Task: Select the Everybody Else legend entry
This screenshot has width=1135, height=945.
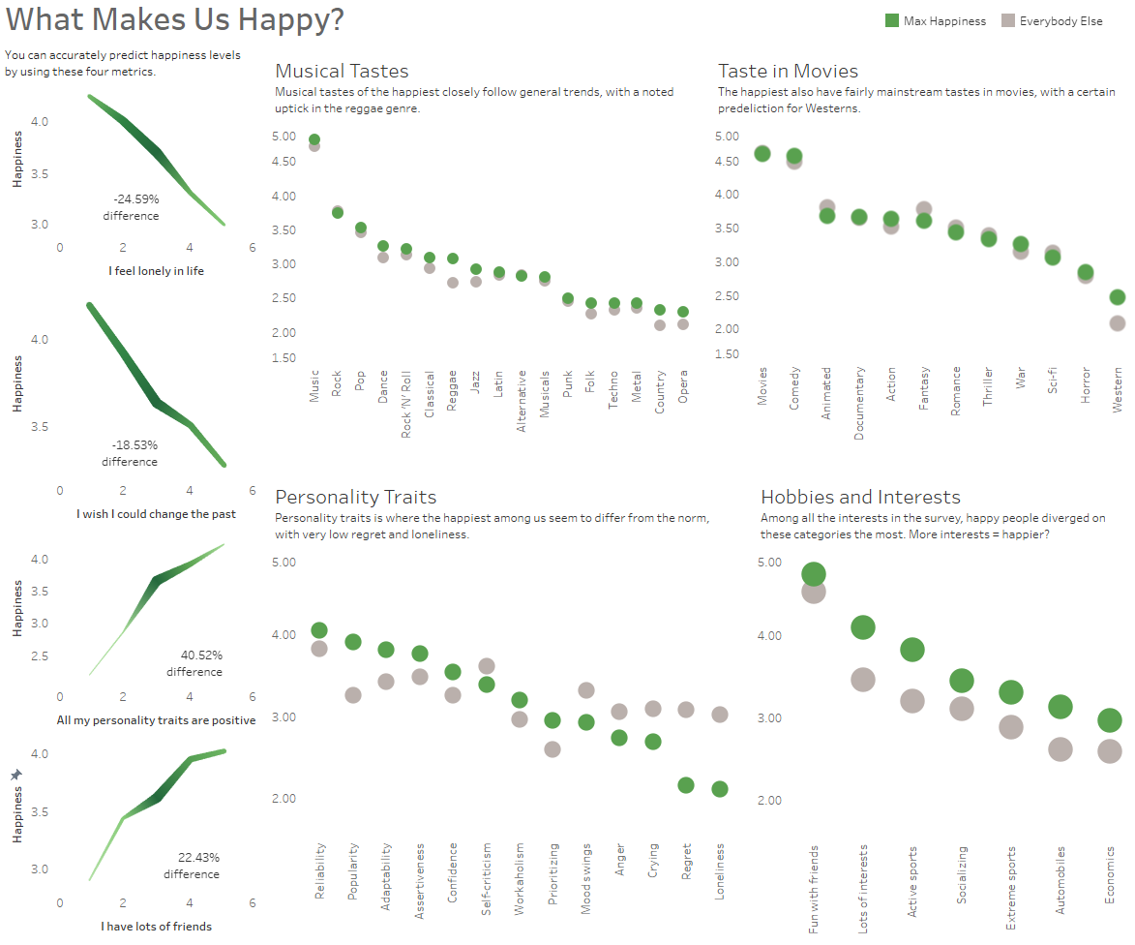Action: click(1053, 21)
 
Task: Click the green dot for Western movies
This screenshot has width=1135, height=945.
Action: click(1118, 297)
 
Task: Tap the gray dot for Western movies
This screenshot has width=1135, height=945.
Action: click(1118, 323)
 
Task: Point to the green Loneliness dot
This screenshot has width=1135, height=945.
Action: click(720, 789)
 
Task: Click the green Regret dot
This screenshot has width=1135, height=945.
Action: click(686, 785)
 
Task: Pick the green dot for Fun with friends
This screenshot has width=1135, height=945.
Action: click(814, 574)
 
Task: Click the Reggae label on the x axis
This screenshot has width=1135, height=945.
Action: click(453, 390)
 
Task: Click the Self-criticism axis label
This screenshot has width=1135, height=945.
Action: click(486, 871)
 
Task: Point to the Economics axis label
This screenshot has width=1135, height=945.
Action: click(1110, 875)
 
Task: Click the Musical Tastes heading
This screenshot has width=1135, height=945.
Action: click(342, 71)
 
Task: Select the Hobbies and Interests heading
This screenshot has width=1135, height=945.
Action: click(860, 497)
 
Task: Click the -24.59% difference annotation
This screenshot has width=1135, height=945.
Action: click(131, 207)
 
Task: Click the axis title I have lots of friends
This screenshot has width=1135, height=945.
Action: click(156, 927)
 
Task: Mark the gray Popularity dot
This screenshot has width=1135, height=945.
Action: click(353, 695)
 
